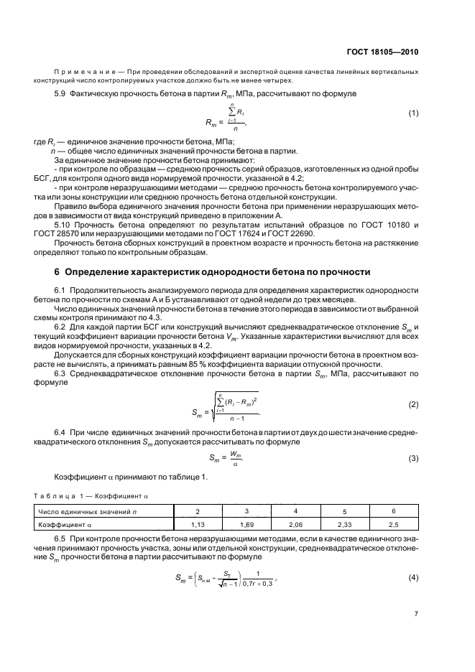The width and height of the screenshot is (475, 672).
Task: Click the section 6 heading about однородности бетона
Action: click(213, 272)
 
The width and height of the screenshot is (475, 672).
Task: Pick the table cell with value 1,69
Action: click(247, 525)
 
